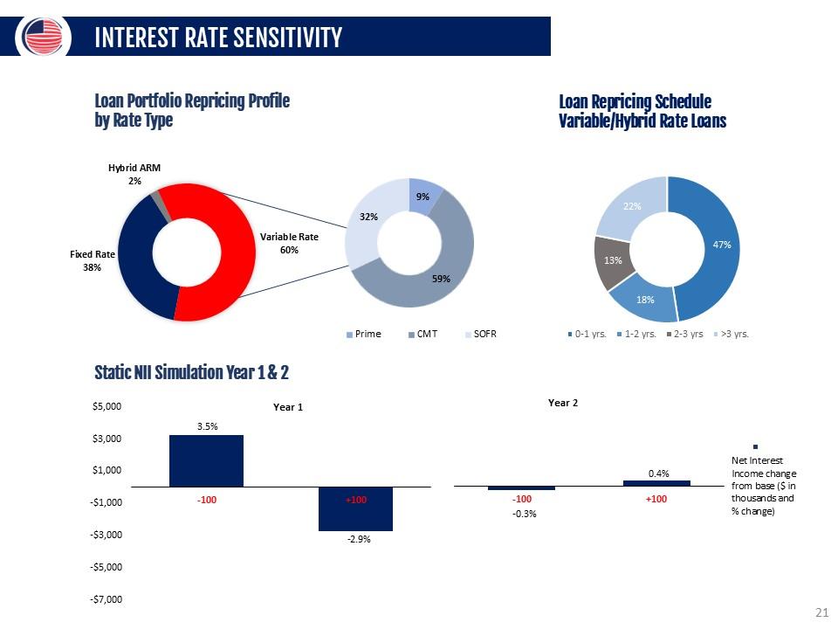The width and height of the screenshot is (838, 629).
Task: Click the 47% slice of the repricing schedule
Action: (x=721, y=245)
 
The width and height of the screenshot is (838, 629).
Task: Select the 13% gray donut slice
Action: (x=613, y=259)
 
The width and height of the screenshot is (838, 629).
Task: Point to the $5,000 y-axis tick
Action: (x=108, y=406)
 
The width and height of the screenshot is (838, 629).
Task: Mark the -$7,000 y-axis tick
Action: (x=106, y=599)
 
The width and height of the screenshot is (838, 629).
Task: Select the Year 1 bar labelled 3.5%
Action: (x=206, y=460)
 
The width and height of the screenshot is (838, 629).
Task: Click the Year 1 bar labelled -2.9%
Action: (x=355, y=508)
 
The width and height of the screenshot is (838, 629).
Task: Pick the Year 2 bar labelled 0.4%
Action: (x=656, y=482)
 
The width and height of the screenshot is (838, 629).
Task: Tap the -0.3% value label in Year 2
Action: (x=522, y=514)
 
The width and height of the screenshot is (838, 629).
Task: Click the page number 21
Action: (x=820, y=612)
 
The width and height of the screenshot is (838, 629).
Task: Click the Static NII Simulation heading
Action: (x=191, y=373)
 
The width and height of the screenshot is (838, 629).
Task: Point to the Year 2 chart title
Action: (x=562, y=404)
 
